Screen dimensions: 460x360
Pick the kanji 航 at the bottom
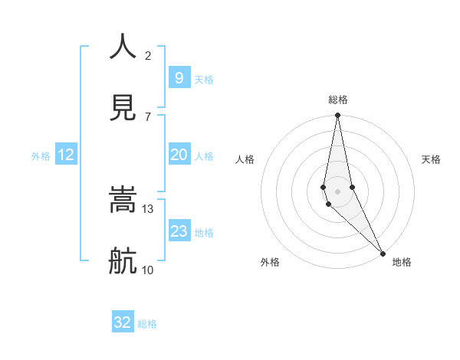(x=123, y=261)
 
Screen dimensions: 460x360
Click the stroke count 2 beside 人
(x=148, y=55)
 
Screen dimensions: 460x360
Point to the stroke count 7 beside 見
(x=148, y=116)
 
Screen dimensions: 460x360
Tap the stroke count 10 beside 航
(x=148, y=270)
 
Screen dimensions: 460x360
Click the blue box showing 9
(x=179, y=77)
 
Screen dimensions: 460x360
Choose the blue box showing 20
(x=179, y=155)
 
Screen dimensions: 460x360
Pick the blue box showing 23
(x=179, y=231)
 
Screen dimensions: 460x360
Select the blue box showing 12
(x=66, y=155)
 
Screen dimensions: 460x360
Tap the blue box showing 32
(x=123, y=322)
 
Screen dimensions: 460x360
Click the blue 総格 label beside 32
(x=147, y=324)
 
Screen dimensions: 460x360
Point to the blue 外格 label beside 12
(x=41, y=156)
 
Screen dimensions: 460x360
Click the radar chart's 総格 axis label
(x=338, y=100)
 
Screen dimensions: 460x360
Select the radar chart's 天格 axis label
(x=432, y=159)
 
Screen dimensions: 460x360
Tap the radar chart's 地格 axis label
(x=402, y=262)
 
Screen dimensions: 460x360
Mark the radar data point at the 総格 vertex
(x=337, y=116)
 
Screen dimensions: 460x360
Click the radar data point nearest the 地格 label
(x=383, y=253)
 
